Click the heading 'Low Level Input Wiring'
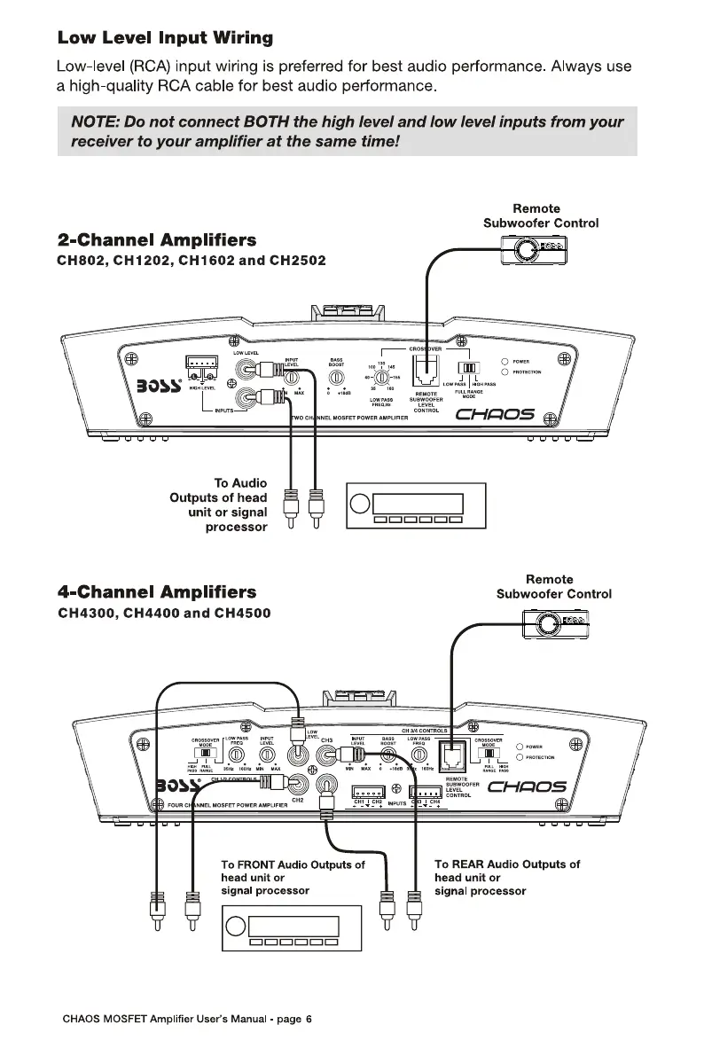tap(165, 38)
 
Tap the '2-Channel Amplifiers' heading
tap(157, 240)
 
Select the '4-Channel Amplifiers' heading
tap(157, 591)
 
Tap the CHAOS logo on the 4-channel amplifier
tap(528, 787)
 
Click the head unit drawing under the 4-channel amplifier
tap(292, 928)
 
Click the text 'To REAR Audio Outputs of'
tap(507, 864)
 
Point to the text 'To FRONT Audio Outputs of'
tap(293, 864)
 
